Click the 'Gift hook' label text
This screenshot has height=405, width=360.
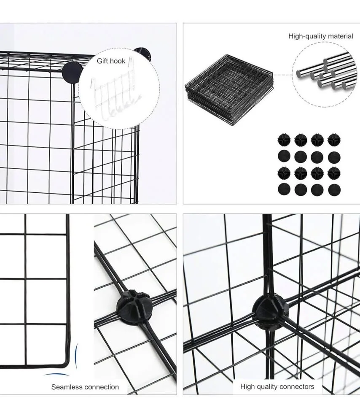click(x=111, y=61)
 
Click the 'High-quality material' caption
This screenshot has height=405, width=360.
click(x=320, y=36)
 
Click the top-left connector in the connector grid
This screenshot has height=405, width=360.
click(x=284, y=139)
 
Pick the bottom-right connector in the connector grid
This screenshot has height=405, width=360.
click(x=333, y=189)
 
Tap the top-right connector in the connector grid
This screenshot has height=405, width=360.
click(x=333, y=139)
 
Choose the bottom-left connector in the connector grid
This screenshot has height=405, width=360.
click(x=284, y=189)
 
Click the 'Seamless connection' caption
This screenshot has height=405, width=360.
click(x=85, y=387)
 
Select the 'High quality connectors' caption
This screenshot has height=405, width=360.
click(x=277, y=386)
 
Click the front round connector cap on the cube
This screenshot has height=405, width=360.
click(x=73, y=73)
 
